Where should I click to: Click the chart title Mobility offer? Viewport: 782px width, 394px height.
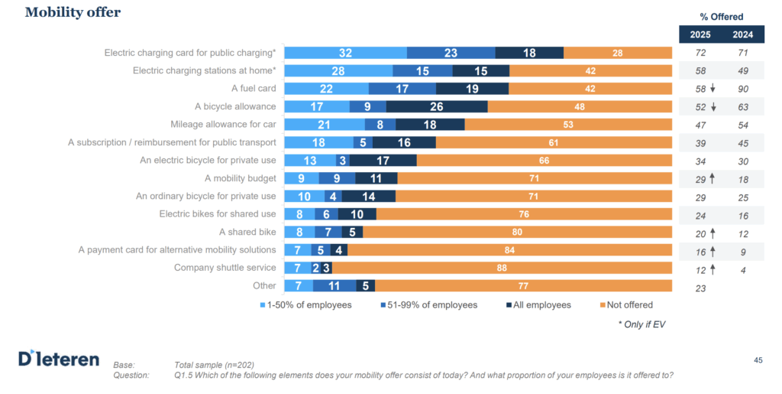pos(73,12)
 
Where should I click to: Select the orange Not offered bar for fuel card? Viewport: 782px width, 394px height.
pos(590,89)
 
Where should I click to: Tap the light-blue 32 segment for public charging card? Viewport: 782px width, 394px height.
pos(345,53)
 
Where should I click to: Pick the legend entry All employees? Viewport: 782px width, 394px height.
pos(538,304)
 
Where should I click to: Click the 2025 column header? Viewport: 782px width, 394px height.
pos(700,34)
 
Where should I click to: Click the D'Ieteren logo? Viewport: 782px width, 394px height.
pos(59,358)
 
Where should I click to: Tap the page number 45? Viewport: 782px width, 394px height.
pos(758,360)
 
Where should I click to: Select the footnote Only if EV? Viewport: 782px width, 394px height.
pos(645,324)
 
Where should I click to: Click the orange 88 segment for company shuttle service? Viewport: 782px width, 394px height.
pos(502,268)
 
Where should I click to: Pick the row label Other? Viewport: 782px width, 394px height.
pos(264,285)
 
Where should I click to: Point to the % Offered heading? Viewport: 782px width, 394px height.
pos(721,17)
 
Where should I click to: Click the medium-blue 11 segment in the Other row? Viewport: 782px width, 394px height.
pos(334,285)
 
